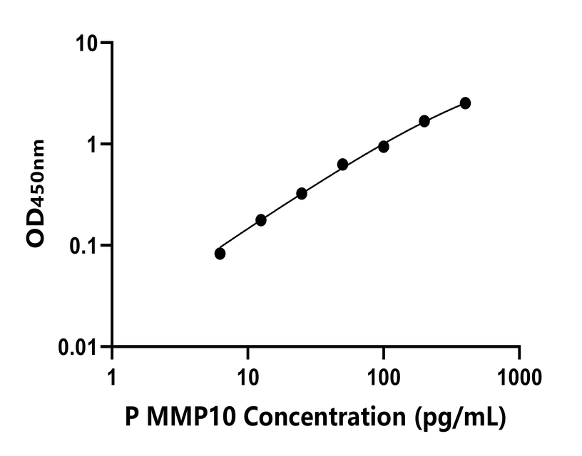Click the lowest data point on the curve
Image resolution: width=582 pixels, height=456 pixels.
tap(220, 254)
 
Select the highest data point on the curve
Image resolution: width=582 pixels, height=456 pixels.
tap(465, 103)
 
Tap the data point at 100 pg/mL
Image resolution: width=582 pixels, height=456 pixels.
tap(384, 147)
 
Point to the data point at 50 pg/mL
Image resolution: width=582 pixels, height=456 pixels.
tap(343, 165)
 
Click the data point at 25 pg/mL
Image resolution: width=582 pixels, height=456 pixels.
tap(302, 194)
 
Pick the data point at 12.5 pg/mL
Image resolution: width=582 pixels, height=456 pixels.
tap(261, 220)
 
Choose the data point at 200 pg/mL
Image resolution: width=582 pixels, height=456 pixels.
tap(424, 121)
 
